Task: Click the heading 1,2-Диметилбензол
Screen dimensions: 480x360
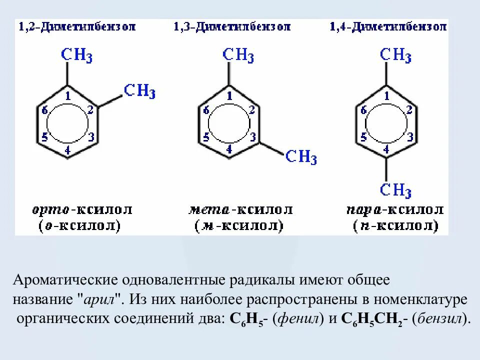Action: (x=77, y=26)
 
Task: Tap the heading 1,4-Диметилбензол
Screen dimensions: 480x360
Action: (x=388, y=26)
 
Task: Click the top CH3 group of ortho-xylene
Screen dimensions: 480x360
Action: (x=76, y=55)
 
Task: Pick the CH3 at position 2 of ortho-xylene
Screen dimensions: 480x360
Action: (x=139, y=91)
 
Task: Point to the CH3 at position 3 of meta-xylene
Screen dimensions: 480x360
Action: (x=301, y=157)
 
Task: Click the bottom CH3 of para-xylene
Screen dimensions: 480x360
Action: (x=395, y=190)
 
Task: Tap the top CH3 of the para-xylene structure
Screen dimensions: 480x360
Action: (x=395, y=55)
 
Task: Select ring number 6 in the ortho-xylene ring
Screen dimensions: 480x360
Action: (x=45, y=110)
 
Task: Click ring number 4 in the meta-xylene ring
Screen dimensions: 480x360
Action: (x=229, y=148)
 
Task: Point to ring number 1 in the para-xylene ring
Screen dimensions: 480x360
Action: (x=386, y=95)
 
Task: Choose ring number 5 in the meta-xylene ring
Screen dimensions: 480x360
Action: (x=206, y=137)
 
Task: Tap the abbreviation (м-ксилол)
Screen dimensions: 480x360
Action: (x=239, y=226)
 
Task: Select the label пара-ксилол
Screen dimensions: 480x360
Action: (x=394, y=209)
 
